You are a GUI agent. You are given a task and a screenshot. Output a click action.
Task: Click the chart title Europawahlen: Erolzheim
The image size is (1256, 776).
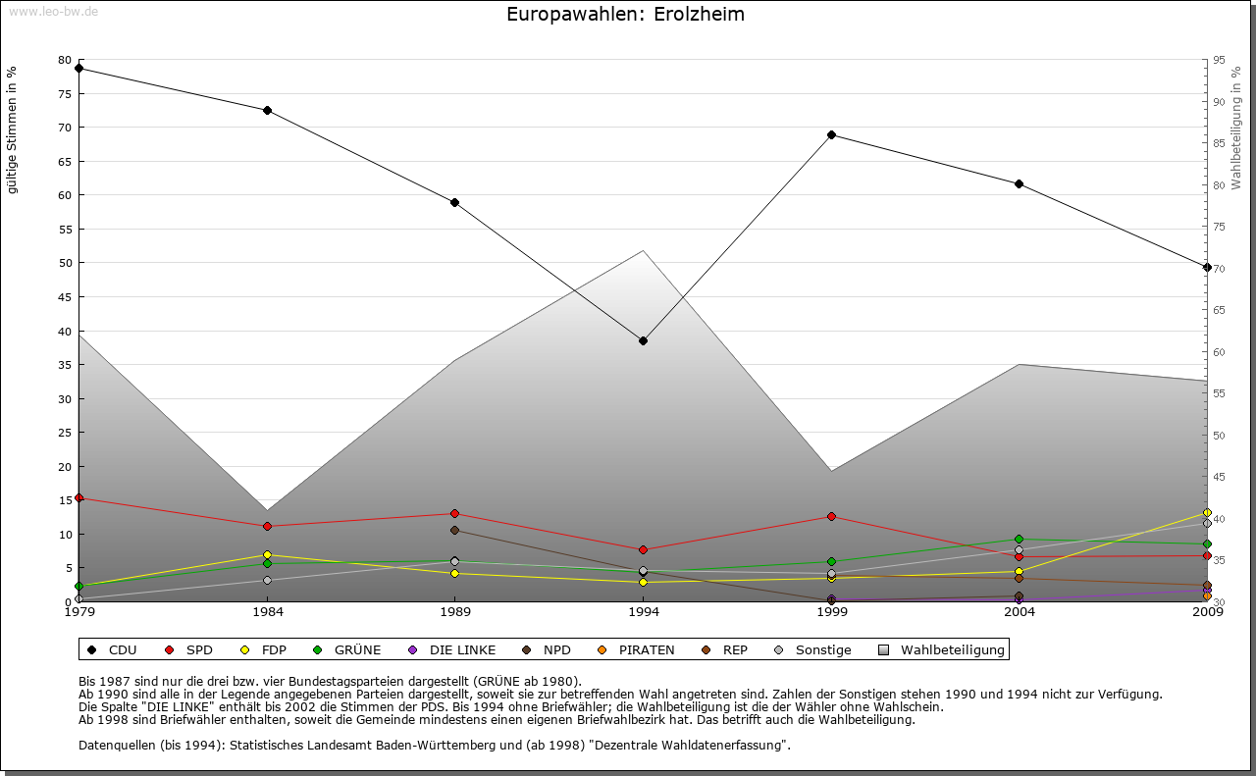click(625, 15)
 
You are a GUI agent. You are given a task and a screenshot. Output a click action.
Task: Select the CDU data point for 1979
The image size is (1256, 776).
click(78, 69)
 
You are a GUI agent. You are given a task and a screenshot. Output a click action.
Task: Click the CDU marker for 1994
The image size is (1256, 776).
click(643, 340)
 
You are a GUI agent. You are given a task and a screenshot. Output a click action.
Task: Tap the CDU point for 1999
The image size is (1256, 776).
click(831, 134)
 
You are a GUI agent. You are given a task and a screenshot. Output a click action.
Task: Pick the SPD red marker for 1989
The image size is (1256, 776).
click(454, 513)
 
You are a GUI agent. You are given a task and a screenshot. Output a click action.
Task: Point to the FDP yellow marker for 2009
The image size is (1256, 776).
click(1207, 513)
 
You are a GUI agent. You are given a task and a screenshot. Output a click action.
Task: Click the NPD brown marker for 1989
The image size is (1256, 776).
click(454, 530)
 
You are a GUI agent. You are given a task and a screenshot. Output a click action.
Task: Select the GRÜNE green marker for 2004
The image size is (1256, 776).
click(1020, 539)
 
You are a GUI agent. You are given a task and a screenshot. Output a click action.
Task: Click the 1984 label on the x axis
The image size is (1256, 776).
click(267, 613)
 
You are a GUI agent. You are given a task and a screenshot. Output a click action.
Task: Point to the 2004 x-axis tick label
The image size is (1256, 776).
click(1020, 613)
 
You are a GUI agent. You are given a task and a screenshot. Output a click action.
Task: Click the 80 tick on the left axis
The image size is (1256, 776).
click(65, 60)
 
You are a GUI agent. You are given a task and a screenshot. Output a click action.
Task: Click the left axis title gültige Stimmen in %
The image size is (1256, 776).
click(13, 129)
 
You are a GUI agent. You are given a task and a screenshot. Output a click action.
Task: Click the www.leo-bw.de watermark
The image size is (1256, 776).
click(52, 11)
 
